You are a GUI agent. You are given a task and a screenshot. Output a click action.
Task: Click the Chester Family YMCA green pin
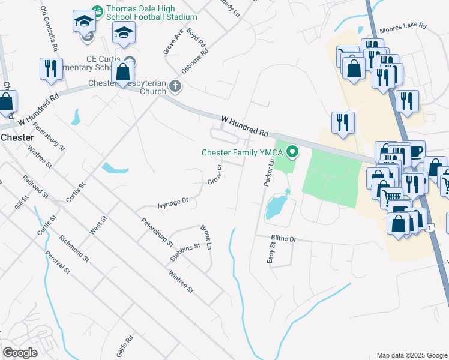(x=293, y=152)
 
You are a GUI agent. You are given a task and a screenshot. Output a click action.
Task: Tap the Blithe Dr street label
(x=285, y=239)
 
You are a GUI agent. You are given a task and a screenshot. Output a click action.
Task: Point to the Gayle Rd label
(x=124, y=347)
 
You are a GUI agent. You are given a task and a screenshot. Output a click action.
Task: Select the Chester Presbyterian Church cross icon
(x=175, y=86)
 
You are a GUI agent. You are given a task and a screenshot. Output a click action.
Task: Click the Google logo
(x=20, y=353)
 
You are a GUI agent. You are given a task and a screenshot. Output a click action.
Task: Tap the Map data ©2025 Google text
(x=411, y=355)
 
